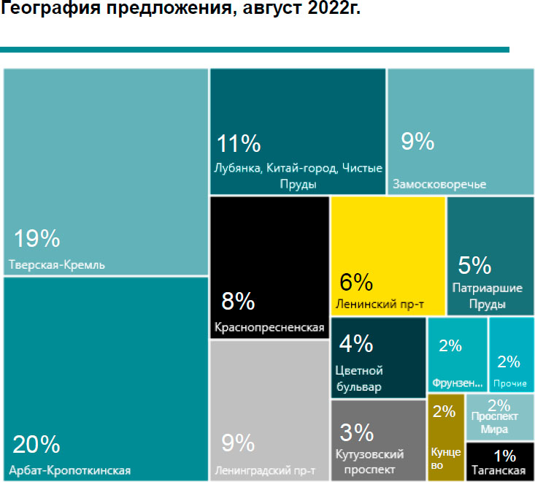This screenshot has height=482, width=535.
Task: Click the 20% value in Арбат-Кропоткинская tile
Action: (36, 443)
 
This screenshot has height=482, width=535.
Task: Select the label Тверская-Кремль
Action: (57, 264)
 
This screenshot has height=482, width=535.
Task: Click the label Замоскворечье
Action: (439, 183)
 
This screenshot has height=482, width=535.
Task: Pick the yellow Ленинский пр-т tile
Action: (388, 256)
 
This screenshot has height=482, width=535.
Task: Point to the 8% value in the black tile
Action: (238, 301)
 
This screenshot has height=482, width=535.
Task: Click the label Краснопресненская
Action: (269, 327)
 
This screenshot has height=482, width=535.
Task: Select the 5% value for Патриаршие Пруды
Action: (474, 264)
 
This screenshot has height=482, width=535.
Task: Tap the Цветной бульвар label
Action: (358, 378)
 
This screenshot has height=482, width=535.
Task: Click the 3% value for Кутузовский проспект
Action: (357, 432)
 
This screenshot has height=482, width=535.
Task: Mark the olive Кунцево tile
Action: (445, 435)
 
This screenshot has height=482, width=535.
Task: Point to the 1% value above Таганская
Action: (504, 456)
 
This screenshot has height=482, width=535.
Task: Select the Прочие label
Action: (510, 383)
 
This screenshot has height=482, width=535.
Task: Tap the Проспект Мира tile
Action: (499, 417)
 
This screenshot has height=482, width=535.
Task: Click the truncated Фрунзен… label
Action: (458, 383)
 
